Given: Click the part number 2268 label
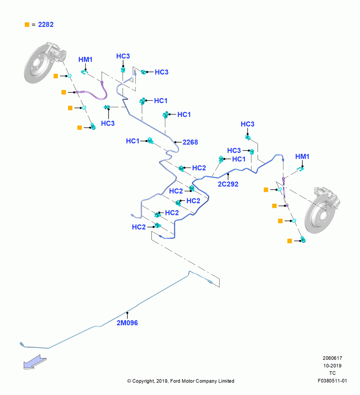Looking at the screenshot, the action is tap(190, 142).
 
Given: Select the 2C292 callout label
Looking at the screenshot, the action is tap(228, 184).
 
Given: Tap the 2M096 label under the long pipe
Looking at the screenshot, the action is tap(127, 323).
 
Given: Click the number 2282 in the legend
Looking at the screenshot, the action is tap(46, 24).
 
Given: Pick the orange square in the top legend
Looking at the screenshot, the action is tap(27, 24).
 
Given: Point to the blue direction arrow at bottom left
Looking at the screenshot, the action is tap(35, 362).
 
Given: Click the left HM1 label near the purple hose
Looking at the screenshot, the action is tap(85, 60).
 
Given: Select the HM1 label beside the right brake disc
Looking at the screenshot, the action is tap(302, 156).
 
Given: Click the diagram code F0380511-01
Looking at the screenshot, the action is tap(332, 381).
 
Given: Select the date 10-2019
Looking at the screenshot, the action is tap(332, 365).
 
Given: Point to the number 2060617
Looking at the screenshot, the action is tap(332, 358).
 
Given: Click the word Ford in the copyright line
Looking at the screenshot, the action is tap(175, 381).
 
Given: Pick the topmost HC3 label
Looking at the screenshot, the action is tap(123, 56).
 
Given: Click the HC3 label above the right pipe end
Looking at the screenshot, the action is tap(247, 124).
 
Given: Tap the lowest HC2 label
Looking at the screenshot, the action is tap(139, 227).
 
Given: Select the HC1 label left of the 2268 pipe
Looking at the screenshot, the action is tap(133, 141).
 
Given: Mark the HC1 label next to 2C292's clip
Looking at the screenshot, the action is tap(239, 159).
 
